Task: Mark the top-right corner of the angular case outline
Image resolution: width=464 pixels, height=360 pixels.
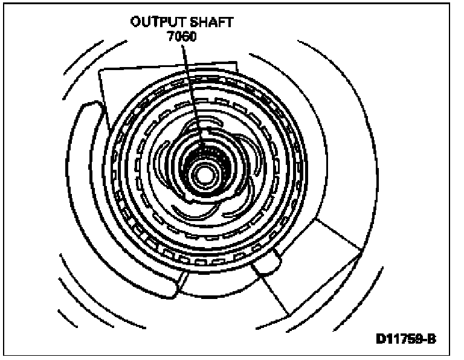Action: pyautogui.click(x=236, y=60)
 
